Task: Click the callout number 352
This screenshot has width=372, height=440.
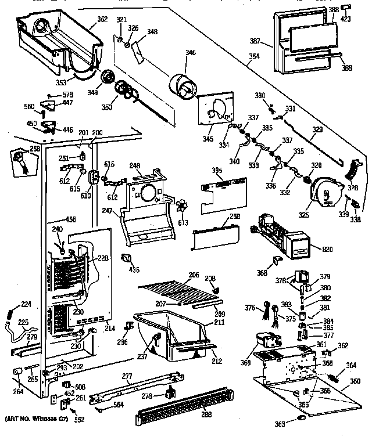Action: (102, 19)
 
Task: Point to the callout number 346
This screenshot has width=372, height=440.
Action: (190, 53)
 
